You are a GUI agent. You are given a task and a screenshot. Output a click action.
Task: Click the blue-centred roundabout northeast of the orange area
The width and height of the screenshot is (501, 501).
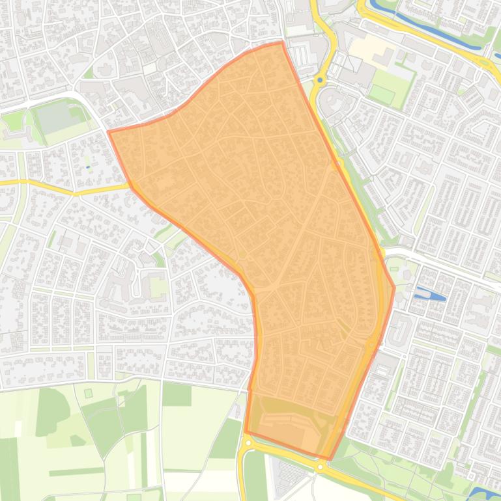pyautogui.click(x=320, y=80)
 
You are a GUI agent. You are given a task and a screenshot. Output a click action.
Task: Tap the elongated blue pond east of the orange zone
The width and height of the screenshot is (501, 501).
pyautogui.click(x=431, y=294)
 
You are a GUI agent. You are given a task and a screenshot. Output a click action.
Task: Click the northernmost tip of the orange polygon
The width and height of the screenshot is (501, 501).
pyautogui.click(x=282, y=42)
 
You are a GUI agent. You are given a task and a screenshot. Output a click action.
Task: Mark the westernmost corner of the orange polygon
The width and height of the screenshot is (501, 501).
pyautogui.click(x=108, y=131)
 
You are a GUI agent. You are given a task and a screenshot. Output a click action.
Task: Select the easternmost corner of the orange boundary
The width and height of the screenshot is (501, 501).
pyautogui.click(x=394, y=286)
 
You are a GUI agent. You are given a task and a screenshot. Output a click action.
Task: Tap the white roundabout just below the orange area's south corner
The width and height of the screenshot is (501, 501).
pyautogui.click(x=321, y=467)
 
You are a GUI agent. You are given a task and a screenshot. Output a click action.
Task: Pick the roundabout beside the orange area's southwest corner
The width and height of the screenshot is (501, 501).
pyautogui.click(x=248, y=443)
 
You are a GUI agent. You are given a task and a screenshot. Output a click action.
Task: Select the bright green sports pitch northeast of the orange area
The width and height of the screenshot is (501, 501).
pyautogui.click(x=382, y=95)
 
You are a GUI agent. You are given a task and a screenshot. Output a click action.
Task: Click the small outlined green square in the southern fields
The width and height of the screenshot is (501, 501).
pyautogui.click(x=89, y=393)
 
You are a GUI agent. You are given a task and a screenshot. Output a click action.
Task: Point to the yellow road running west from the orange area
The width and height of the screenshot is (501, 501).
pyautogui.click(x=65, y=189)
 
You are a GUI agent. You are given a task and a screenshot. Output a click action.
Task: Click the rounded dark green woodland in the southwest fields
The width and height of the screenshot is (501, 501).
pyautogui.click(x=52, y=410)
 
